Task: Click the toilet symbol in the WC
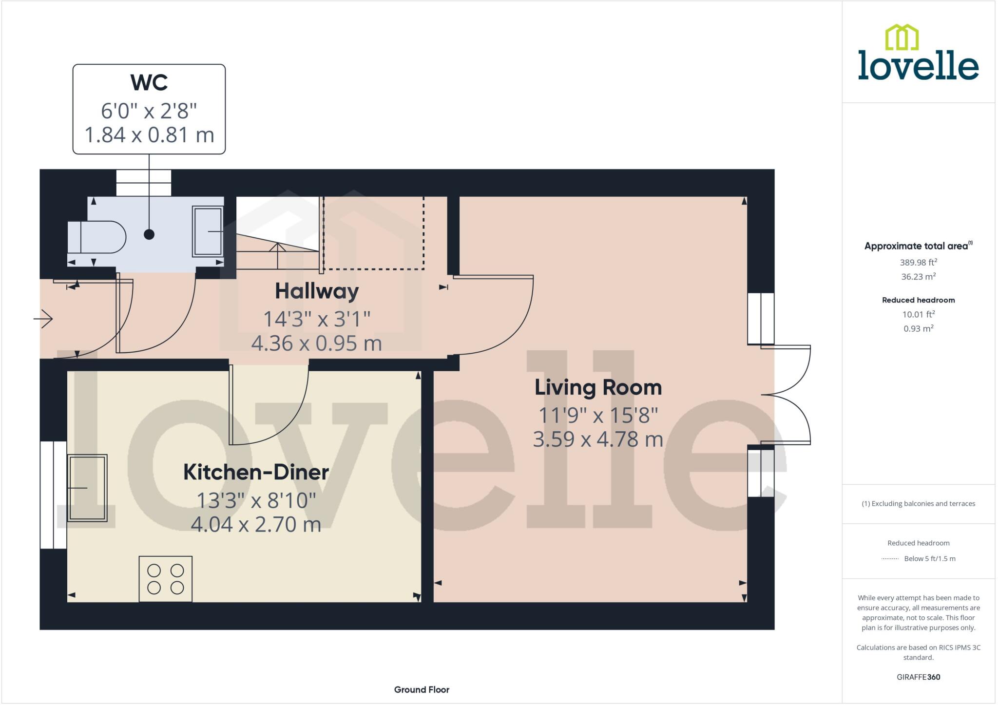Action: coord(96,237)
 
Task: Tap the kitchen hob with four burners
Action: coord(166,578)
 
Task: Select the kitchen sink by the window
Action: coord(87,488)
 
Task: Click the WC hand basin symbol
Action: coord(208,231)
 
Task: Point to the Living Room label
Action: coord(598,387)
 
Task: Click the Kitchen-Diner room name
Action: coord(256,472)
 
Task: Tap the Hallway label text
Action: coord(317,291)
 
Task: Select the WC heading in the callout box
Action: coord(149,83)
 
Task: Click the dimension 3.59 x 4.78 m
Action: coord(598,439)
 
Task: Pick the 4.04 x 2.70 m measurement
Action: coord(256,525)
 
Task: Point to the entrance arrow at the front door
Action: coord(43,319)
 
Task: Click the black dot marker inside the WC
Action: coord(149,234)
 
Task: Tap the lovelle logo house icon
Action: coord(902,38)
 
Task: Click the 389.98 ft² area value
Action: coord(918,262)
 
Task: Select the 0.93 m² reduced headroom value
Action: coord(918,328)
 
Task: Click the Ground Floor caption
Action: coord(422,689)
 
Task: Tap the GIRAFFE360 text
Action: coord(918,677)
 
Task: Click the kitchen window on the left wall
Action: coord(53,495)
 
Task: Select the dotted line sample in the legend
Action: coord(890,559)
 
